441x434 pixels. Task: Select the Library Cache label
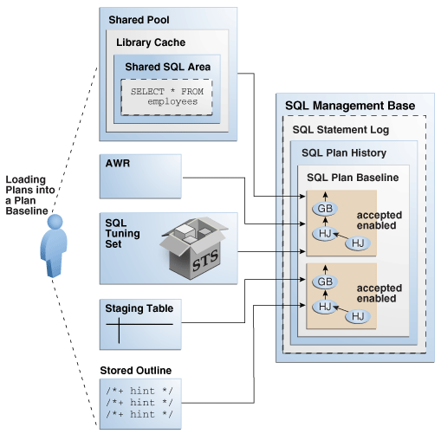tap(151, 42)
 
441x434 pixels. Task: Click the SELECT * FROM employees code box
tap(165, 96)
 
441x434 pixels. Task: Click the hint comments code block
tap(138, 403)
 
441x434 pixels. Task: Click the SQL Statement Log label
tap(340, 130)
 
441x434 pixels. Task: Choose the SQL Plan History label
tap(344, 153)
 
